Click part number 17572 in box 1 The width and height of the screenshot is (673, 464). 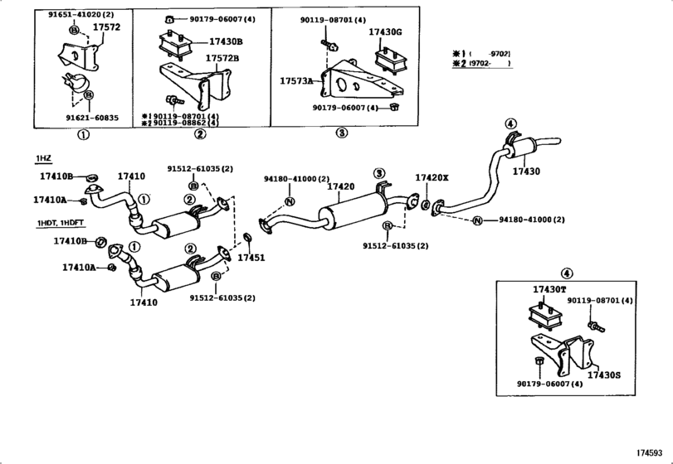pyautogui.click(x=105, y=27)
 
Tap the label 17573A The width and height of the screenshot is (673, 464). pyautogui.click(x=296, y=80)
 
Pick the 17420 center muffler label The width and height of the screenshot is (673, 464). pyautogui.click(x=341, y=187)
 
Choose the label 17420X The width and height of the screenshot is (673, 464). pyautogui.click(x=432, y=178)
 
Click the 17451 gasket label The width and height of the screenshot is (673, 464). pyautogui.click(x=251, y=258)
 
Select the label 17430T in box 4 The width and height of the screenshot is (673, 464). pyautogui.click(x=549, y=289)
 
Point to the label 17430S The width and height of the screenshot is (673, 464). pyautogui.click(x=604, y=375)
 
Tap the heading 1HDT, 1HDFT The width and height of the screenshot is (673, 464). pyautogui.click(x=60, y=224)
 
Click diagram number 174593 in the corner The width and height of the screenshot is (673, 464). pyautogui.click(x=652, y=453)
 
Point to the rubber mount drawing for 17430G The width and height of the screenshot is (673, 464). pyautogui.click(x=388, y=60)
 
